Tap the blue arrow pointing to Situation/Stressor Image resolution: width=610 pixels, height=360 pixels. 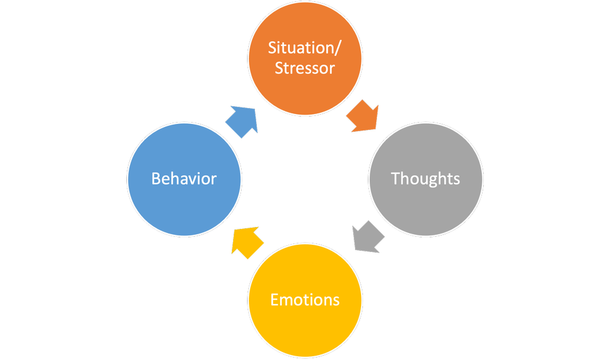(242, 120)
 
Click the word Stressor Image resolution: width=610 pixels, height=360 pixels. (304, 68)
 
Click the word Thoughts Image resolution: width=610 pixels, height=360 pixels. (426, 179)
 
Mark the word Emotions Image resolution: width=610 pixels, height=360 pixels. (304, 300)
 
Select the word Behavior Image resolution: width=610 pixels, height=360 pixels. (184, 179)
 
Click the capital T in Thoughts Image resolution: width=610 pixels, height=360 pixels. (395, 178)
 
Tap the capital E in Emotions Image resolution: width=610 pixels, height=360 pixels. (274, 300)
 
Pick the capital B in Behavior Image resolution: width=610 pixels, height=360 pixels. (156, 179)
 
